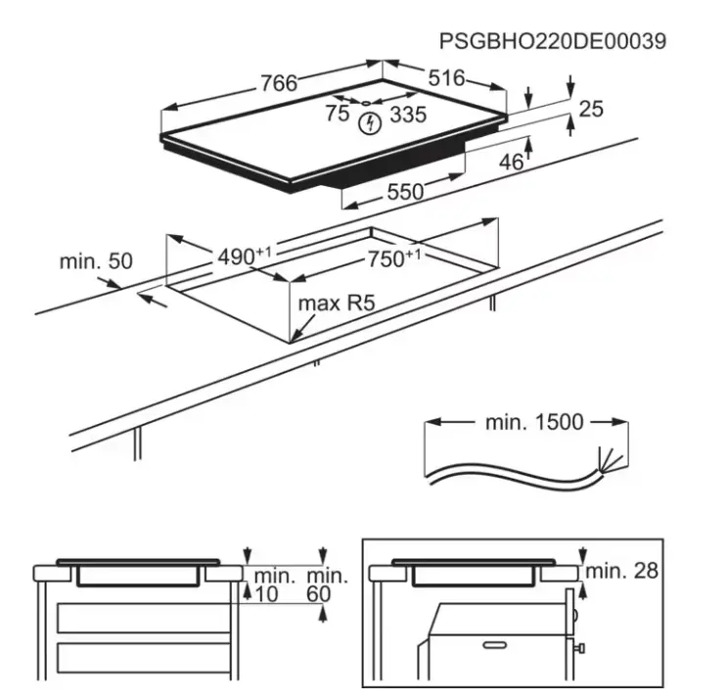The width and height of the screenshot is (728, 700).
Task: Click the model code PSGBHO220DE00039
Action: click(553, 41)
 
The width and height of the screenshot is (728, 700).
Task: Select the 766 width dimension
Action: click(279, 83)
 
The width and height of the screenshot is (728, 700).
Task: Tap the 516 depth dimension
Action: click(446, 78)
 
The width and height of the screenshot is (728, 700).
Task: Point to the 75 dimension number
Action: click(337, 114)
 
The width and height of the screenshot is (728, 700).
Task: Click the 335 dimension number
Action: click(408, 115)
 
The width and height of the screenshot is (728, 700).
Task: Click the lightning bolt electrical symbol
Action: click(371, 123)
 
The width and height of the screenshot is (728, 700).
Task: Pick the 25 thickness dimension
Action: click(591, 109)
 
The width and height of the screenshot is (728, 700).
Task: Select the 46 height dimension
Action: click(511, 163)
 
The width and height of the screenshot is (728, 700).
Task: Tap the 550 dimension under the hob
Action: click(405, 191)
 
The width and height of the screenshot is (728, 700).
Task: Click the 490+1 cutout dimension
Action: click(245, 256)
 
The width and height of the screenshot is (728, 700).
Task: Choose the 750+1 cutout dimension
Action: click(394, 258)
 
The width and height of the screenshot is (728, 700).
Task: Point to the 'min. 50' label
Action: click(96, 261)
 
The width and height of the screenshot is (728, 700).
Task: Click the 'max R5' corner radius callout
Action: click(337, 303)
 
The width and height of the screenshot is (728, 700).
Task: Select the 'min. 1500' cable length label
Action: click(534, 422)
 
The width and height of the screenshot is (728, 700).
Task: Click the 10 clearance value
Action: click(266, 594)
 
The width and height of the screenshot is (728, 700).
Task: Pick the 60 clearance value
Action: click(319, 594)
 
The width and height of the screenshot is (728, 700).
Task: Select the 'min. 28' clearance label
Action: click(622, 571)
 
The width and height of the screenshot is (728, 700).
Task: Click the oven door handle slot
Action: click(495, 645)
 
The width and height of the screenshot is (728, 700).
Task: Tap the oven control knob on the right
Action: click(579, 647)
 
